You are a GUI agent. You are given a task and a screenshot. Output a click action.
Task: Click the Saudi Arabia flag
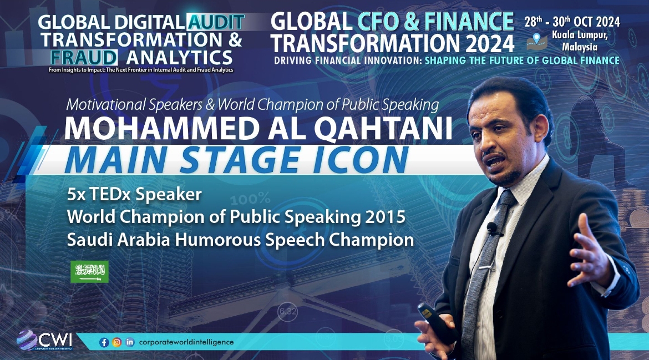[89, 271]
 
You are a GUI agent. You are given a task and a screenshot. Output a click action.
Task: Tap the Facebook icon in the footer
[104, 343]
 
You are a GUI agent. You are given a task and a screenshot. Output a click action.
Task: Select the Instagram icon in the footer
[117, 343]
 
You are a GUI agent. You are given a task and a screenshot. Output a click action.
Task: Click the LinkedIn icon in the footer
[130, 342]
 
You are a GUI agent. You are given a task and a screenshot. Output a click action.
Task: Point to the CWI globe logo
[27, 340]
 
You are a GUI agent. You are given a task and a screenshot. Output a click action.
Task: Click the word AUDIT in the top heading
[216, 22]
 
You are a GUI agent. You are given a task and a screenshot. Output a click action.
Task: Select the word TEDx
[108, 195]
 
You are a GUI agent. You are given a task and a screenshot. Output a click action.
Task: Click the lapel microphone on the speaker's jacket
[492, 227]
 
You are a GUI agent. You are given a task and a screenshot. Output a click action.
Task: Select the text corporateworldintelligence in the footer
[186, 342]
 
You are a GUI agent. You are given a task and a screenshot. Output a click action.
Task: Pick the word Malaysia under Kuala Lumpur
[580, 47]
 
